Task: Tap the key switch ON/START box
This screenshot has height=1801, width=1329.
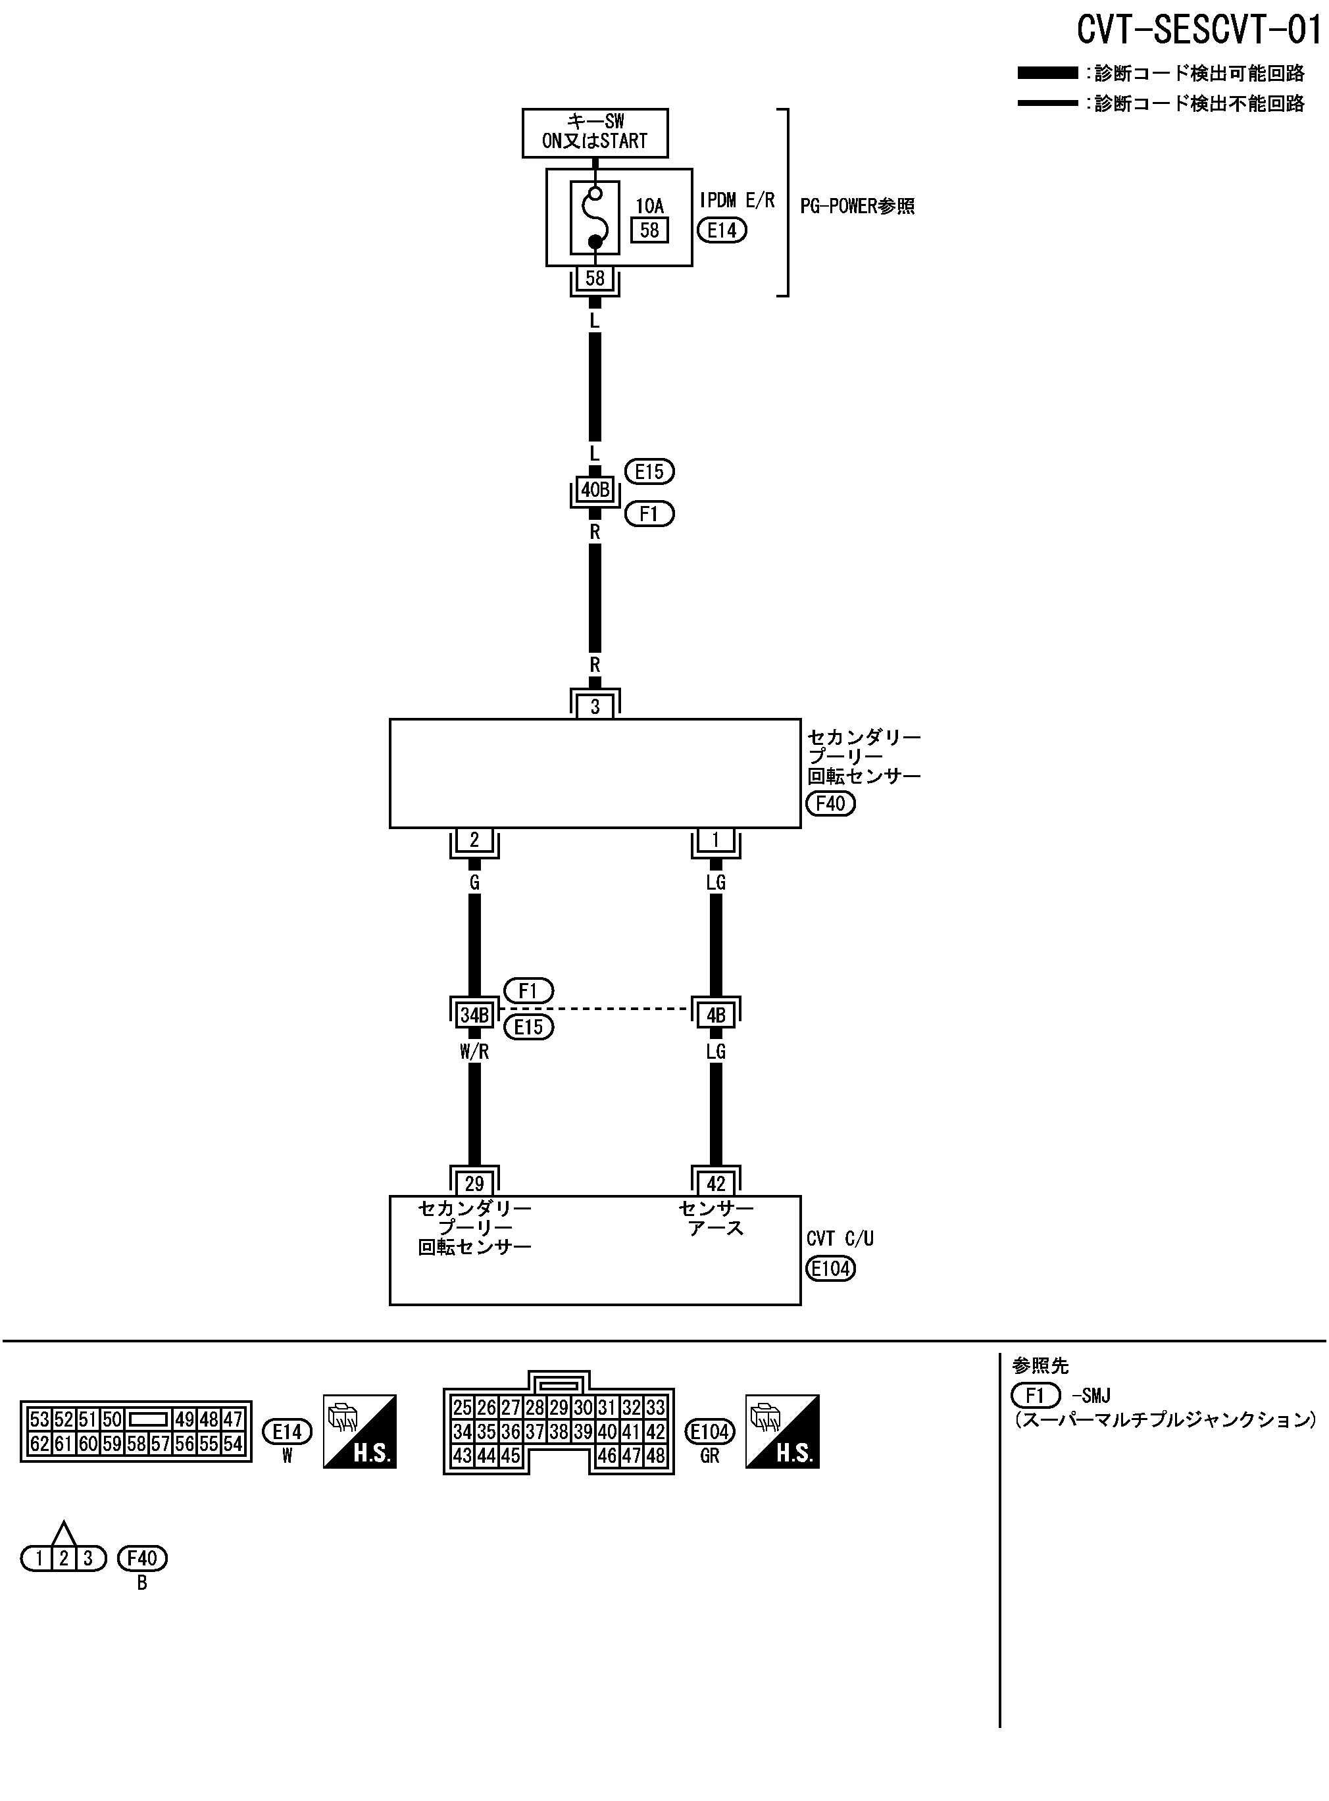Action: (595, 132)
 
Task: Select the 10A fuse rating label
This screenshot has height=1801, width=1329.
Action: (649, 206)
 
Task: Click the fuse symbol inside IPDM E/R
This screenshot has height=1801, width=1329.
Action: (595, 217)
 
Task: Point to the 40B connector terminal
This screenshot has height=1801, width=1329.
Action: (595, 490)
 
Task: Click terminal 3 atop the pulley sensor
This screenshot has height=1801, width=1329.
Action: (595, 706)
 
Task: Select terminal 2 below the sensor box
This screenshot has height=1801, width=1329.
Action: (474, 840)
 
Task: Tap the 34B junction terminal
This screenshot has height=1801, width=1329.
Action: (474, 1015)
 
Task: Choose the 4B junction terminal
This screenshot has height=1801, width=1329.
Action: (715, 1015)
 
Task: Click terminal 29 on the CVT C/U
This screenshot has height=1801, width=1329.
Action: (474, 1184)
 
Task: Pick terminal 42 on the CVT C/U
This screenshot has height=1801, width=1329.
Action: (715, 1184)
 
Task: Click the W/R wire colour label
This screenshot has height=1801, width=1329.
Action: (474, 1052)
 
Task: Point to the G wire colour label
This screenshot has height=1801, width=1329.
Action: (474, 882)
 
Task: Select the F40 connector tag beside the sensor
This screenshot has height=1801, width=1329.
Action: (830, 803)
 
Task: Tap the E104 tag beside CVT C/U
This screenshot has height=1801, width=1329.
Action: (830, 1269)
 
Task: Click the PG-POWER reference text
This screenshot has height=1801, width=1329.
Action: (857, 206)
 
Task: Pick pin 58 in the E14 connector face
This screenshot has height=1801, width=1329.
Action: (136, 1444)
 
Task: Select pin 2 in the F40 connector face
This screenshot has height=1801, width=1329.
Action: (64, 1558)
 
